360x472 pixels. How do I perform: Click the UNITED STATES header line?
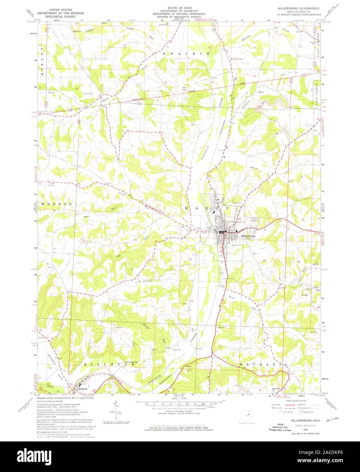[x=62, y=6]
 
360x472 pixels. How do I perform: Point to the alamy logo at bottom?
[x=180, y=454]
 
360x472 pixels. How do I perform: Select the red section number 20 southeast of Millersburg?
[x=264, y=261]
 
